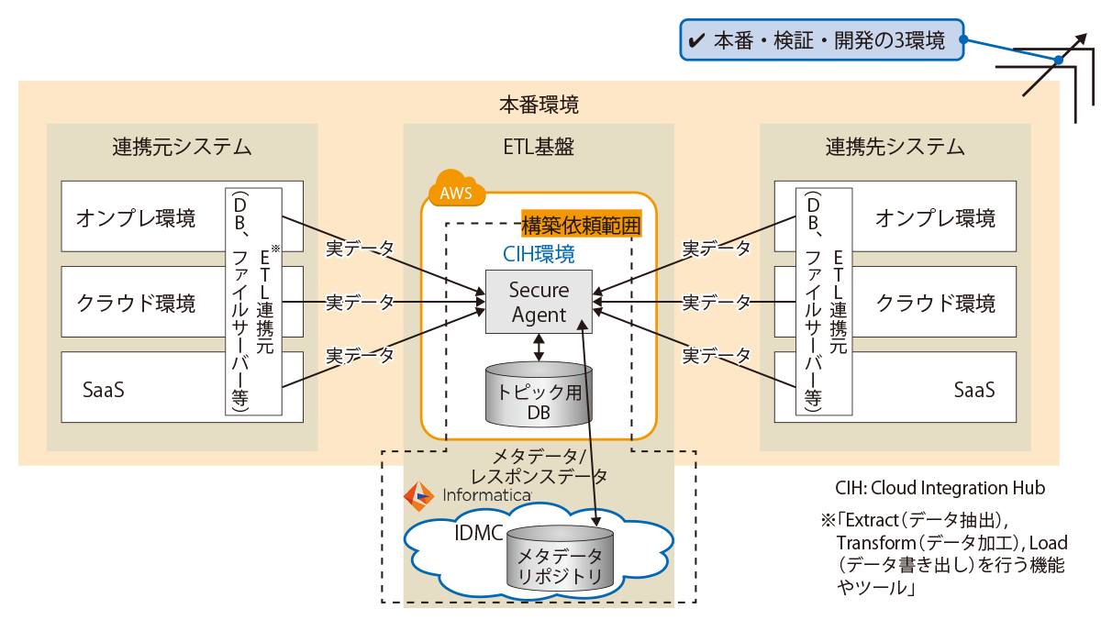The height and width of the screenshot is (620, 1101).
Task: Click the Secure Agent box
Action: coord(539,302)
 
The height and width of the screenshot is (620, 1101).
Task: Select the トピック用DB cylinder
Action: coord(539,396)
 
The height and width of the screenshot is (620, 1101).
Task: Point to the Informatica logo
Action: coord(468,495)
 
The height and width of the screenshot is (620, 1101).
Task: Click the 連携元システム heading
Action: coord(182,146)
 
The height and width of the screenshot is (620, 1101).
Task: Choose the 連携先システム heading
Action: coord(895,146)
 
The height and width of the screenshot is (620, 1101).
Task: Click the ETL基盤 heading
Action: coord(539,146)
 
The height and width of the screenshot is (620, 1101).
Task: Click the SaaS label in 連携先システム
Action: coord(973,389)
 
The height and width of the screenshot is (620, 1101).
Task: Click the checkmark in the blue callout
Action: coord(696,40)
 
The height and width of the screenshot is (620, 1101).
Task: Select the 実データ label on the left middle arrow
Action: coord(361,301)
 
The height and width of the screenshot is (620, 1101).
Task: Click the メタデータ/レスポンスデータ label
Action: coord(538,467)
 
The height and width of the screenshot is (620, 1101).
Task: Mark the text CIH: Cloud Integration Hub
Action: coord(940,488)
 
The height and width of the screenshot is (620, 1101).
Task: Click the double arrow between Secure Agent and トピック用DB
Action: coord(539,347)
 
